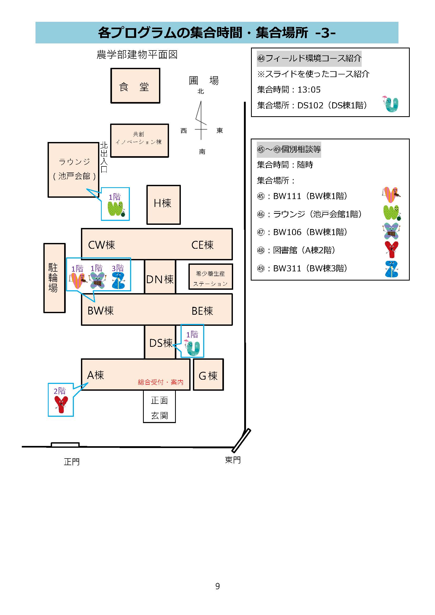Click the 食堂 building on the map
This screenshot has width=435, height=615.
point(135,86)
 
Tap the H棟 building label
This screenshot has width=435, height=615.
point(162,203)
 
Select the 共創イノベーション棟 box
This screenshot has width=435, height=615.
point(140,140)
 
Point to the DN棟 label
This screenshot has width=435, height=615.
point(160,279)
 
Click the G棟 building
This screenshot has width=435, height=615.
point(208,374)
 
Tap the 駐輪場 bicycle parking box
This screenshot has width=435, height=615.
point(54,278)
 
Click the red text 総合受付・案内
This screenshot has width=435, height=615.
point(160,382)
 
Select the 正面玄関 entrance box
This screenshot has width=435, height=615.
point(159,406)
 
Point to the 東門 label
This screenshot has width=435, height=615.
point(233,460)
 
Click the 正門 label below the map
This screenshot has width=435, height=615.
point(72,462)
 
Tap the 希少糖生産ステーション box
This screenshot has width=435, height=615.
point(211,277)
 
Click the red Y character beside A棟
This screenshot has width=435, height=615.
point(61,405)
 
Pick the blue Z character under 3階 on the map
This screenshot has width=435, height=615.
point(118,281)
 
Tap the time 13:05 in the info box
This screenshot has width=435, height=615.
point(309,89)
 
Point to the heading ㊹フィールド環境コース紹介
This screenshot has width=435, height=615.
point(309,58)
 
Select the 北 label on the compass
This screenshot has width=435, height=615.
point(201,92)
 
